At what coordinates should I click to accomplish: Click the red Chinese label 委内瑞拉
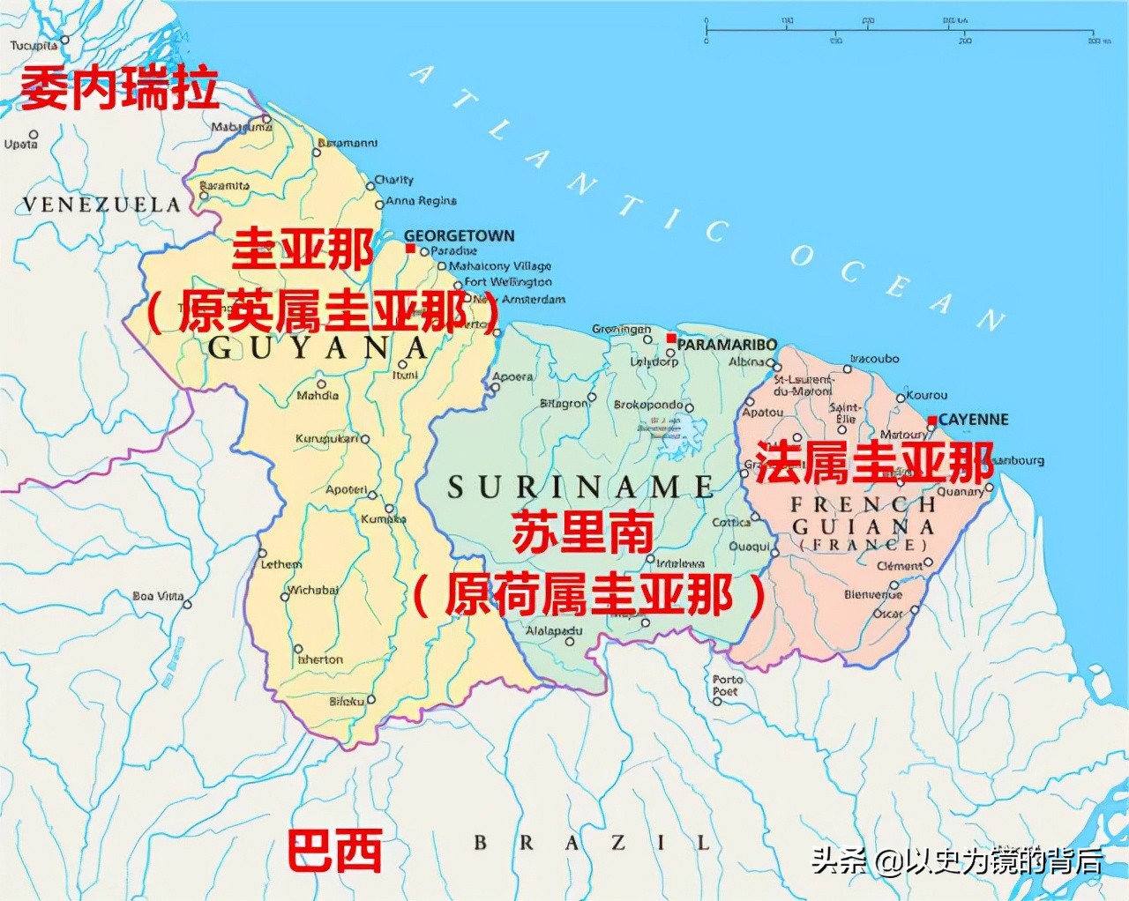click(119, 88)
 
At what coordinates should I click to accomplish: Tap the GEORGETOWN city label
click(459, 235)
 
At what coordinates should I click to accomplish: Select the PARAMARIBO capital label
click(727, 345)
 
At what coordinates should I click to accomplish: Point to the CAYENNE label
click(973, 420)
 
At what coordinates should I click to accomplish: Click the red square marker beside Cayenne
click(931, 421)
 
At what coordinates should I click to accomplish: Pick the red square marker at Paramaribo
click(671, 339)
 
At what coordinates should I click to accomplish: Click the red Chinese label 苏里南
click(583, 532)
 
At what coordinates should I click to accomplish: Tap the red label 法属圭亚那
click(873, 462)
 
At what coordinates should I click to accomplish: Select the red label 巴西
click(335, 851)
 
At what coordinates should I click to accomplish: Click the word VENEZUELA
click(101, 205)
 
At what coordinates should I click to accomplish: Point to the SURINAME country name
click(580, 488)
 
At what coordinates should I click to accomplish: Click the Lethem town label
click(280, 564)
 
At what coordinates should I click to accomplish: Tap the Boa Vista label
click(158, 596)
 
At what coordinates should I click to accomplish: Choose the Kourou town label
click(926, 395)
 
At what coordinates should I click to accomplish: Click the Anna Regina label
click(421, 201)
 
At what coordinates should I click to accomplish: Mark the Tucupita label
click(34, 45)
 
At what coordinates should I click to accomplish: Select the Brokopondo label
click(647, 405)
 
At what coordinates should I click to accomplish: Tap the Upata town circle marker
click(34, 135)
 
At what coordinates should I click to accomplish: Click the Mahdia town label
click(318, 396)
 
